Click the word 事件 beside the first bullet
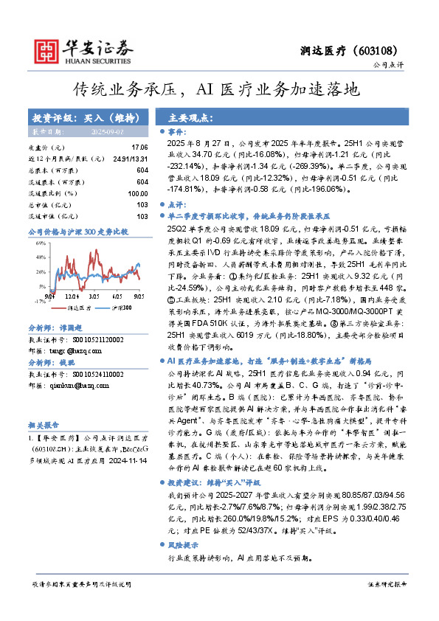click(x=177, y=131)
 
